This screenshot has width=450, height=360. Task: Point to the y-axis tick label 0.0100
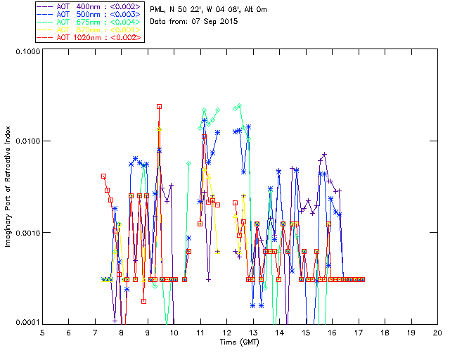[x=27, y=142]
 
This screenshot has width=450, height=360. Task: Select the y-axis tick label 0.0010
[x=27, y=233]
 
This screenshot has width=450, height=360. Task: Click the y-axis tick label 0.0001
[x=27, y=323]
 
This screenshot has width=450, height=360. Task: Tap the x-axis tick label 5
[x=42, y=332]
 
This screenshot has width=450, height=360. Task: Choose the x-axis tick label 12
[x=227, y=332]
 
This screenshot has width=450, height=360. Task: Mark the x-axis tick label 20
[x=437, y=332]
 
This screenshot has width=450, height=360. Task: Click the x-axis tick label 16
[x=333, y=332]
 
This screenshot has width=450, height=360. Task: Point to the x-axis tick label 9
[x=148, y=332]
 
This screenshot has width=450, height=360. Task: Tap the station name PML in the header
[x=158, y=9]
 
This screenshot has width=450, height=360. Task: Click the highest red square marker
[x=160, y=106]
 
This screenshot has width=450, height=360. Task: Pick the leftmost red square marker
[x=103, y=176]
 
